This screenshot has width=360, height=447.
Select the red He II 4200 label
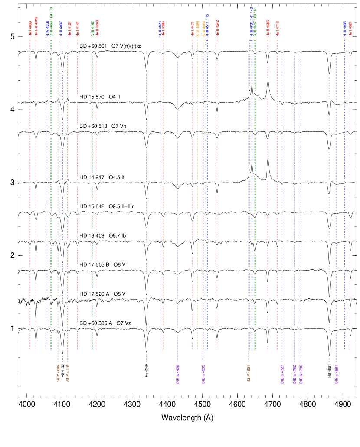pos(97,27)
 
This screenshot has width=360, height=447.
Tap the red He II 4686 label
pos(268,28)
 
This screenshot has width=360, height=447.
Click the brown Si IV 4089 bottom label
pos(58,373)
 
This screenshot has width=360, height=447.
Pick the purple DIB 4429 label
pos(177,374)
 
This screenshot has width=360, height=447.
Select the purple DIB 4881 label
pos(336,374)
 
